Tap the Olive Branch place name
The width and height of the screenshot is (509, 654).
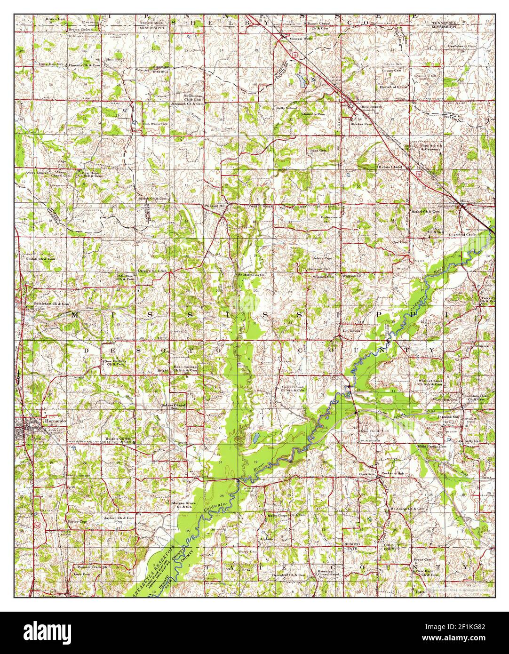[371, 107]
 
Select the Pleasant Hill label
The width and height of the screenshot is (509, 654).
[215, 206]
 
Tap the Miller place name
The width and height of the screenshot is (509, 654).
[465, 201]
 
